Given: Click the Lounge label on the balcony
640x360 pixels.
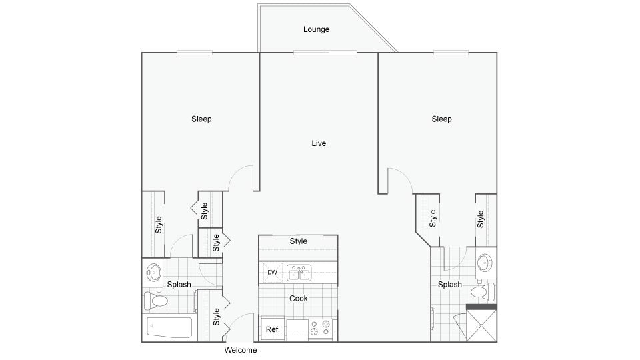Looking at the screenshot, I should [x=316, y=29].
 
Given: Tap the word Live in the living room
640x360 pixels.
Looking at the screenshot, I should [x=319, y=143].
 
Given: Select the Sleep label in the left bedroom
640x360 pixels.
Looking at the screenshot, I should [x=201, y=119].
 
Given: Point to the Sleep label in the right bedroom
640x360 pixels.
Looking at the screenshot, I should [x=441, y=119].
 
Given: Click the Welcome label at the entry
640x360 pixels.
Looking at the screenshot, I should [x=240, y=350].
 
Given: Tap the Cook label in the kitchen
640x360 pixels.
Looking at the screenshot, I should [x=299, y=299].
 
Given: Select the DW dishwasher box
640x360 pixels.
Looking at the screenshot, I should [x=272, y=272].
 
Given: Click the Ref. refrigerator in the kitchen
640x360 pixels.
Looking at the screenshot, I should [x=273, y=329].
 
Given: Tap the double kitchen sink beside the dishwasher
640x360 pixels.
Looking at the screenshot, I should [x=299, y=272].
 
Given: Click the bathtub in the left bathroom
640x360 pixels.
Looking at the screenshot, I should [x=169, y=329].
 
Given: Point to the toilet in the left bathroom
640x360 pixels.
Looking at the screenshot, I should [x=157, y=301].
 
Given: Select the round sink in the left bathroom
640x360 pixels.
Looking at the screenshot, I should [x=154, y=272].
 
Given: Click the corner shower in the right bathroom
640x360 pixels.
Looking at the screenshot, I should [x=481, y=325].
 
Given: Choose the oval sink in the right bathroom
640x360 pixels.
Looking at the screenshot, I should [x=485, y=263].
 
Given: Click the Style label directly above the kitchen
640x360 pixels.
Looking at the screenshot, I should [x=299, y=241].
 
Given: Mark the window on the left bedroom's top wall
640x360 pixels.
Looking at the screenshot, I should [x=195, y=53].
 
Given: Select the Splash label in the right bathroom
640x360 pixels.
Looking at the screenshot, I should [x=450, y=285].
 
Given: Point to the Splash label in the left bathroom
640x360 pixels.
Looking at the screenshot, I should [x=179, y=285].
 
